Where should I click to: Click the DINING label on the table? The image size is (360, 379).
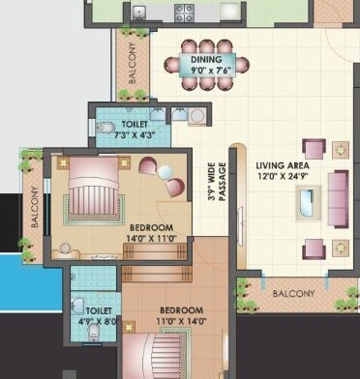205,61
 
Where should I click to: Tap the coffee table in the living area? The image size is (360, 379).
307,203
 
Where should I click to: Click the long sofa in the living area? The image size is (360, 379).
338,198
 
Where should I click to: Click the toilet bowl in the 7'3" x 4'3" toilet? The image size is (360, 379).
106,128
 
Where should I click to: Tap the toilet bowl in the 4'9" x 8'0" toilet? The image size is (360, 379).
95,332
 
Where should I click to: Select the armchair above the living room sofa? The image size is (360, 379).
314,149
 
